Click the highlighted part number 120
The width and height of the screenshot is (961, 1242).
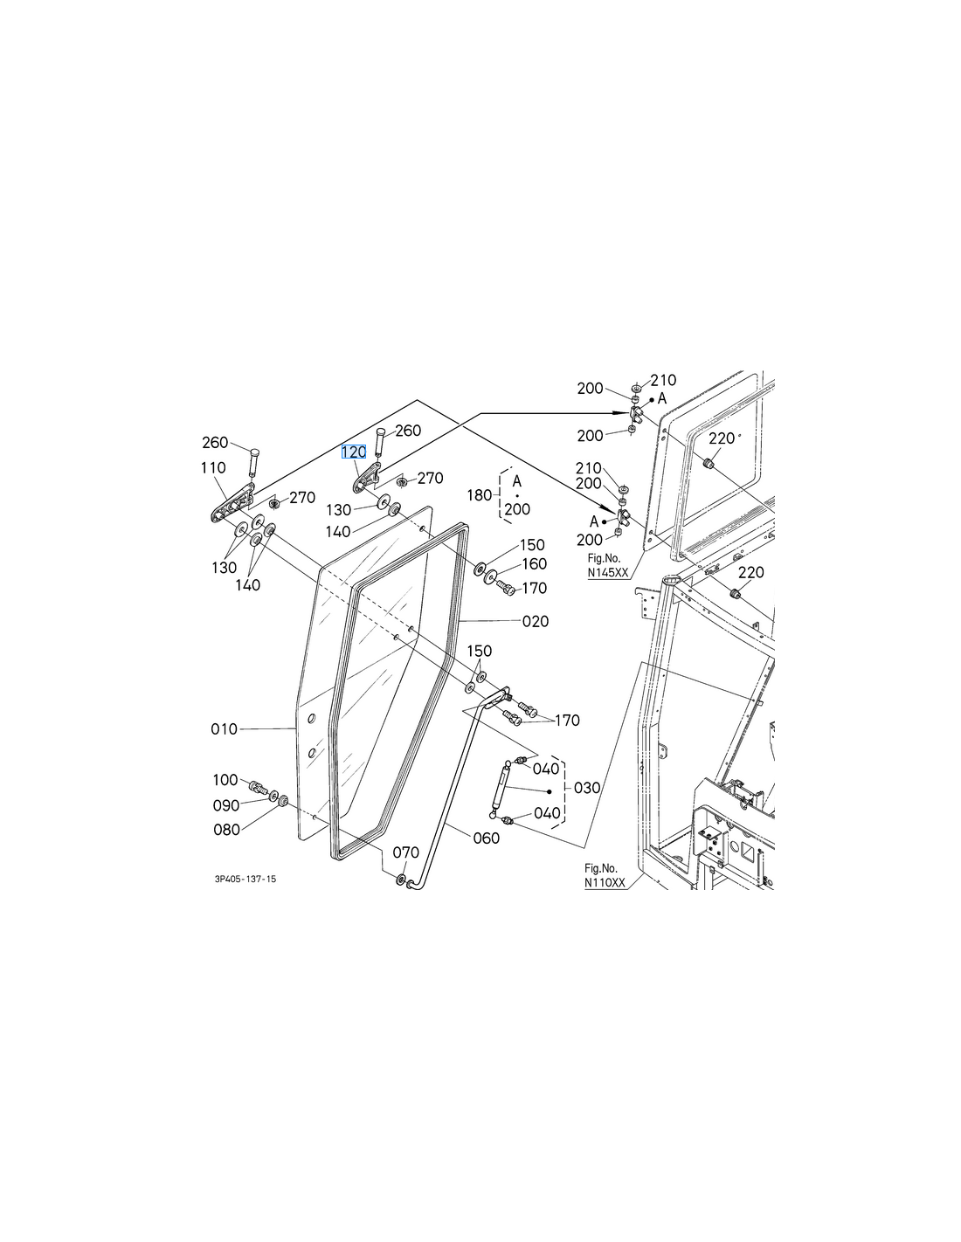pos(353,452)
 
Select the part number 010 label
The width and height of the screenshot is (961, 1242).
pos(225,728)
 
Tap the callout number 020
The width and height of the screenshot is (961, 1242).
pos(536,621)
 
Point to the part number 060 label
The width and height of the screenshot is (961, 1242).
pos(486,838)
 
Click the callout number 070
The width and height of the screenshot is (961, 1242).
pos(405,852)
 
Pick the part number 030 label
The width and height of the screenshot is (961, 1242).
pos(587,788)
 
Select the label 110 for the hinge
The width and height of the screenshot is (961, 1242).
pos(213,468)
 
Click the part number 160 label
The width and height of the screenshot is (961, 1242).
pos(534,564)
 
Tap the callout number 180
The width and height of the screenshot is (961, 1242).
pos(480,495)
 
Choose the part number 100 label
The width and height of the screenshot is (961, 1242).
pos(225,780)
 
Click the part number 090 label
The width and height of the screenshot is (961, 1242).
pos(226,805)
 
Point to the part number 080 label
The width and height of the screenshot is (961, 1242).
pos(226,830)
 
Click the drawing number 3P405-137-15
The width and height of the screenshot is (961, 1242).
pos(245,880)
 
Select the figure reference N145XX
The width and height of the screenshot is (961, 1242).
pos(607,573)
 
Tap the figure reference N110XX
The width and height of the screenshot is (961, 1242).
pos(605,884)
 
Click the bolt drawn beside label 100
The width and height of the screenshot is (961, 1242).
pos(258,788)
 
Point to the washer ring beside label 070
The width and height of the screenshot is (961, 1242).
pos(401,880)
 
